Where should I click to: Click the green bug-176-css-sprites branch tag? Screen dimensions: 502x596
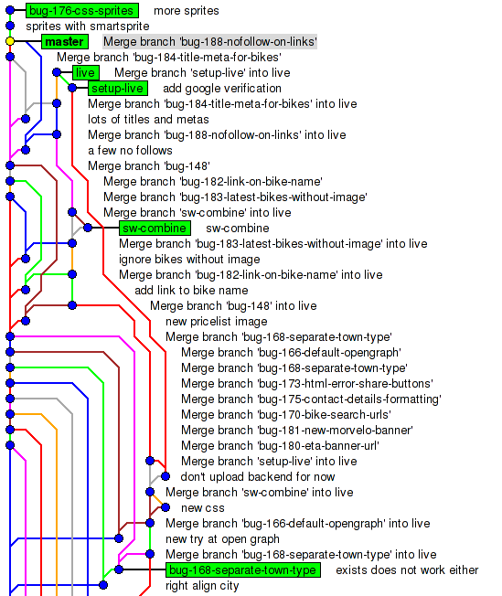pyautogui.click(x=82, y=11)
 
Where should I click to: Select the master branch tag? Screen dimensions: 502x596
pyautogui.click(x=65, y=41)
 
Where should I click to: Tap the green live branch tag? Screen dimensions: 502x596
pyautogui.click(x=86, y=72)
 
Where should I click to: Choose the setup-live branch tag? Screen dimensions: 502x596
pyautogui.click(x=118, y=88)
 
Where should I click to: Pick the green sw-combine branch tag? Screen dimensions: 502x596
pyautogui.click(x=155, y=228)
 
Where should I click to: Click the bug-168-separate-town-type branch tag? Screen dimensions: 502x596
pyautogui.click(x=243, y=569)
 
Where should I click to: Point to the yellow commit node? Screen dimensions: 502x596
pyautogui.click(x=10, y=41)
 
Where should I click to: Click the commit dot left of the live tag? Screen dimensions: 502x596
pyautogui.click(x=57, y=72)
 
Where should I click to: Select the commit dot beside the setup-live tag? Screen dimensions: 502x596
pyautogui.click(x=72, y=88)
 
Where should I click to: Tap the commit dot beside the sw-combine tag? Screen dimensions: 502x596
pyautogui.click(x=88, y=228)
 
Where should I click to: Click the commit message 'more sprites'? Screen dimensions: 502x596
pyautogui.click(x=187, y=11)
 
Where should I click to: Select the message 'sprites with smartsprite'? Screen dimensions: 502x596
pyautogui.click(x=88, y=27)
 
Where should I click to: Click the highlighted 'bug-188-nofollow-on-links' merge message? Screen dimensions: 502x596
pyautogui.click(x=210, y=41)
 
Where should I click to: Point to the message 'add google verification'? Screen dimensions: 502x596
pyautogui.click(x=222, y=88)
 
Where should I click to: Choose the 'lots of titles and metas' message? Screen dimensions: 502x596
pyautogui.click(x=148, y=120)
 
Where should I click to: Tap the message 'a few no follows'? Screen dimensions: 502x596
pyautogui.click(x=130, y=151)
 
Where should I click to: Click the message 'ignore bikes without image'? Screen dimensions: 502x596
pyautogui.click(x=189, y=260)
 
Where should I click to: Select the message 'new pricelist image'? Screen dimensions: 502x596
pyautogui.click(x=217, y=322)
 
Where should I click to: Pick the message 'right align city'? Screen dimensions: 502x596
pyautogui.click(x=202, y=586)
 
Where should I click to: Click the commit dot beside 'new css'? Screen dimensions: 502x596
pyautogui.click(x=166, y=507)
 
